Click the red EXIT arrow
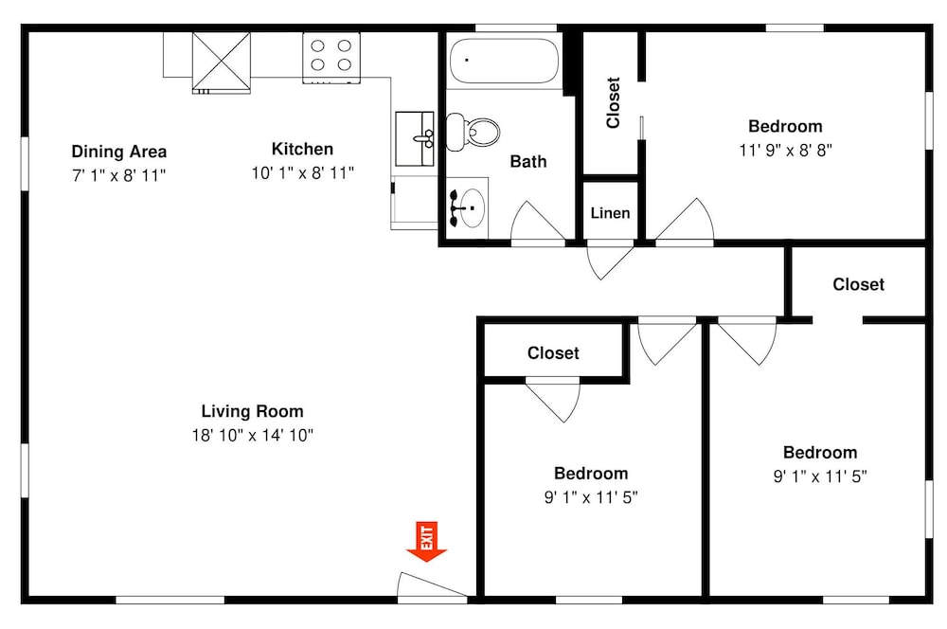tap(426, 542)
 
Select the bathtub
tap(505, 62)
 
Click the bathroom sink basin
tap(472, 207)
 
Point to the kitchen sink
tap(415, 138)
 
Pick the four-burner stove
tap(331, 58)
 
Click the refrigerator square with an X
tap(221, 62)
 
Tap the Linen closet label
tap(610, 213)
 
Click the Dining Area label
tap(119, 151)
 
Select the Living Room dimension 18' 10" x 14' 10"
tap(253, 435)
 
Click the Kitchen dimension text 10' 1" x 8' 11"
tap(303, 172)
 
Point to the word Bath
tap(528, 161)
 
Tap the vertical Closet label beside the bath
tap(613, 102)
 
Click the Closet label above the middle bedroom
tap(553, 353)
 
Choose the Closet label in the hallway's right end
tap(858, 284)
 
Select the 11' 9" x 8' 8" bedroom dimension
tap(786, 150)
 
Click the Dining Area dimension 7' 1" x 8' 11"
tap(119, 175)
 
